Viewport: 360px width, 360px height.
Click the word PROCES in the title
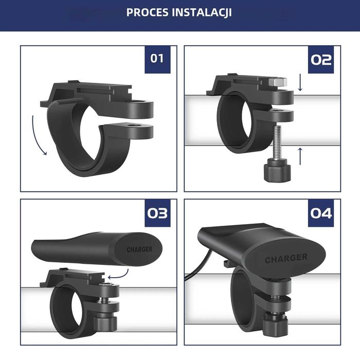click(148, 12)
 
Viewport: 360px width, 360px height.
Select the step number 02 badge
click(321, 59)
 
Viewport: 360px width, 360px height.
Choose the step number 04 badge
click(321, 212)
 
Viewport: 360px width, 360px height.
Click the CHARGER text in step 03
click(139, 250)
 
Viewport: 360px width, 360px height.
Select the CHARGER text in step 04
click(286, 259)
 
